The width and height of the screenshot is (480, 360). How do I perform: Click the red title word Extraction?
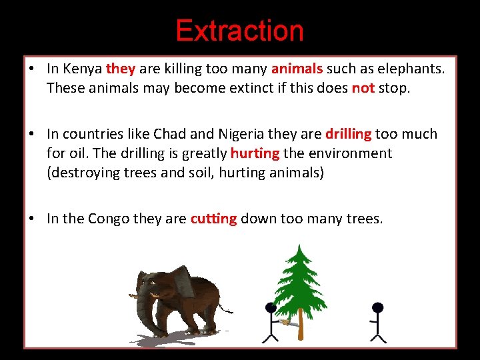239,31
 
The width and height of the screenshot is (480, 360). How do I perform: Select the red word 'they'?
121,68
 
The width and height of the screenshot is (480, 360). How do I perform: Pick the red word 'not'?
363,87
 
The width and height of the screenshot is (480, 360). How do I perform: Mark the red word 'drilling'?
348,133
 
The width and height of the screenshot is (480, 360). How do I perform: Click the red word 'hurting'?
255,153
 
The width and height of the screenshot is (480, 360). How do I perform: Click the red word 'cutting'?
213,219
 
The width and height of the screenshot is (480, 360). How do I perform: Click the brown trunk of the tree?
301,327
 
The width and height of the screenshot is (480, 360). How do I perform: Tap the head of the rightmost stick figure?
377,308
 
